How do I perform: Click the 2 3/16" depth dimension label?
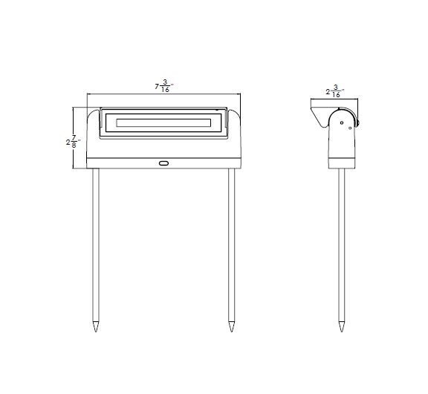click(x=334, y=92)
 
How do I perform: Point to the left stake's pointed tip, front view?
click(x=96, y=327)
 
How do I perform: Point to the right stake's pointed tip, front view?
click(x=232, y=327)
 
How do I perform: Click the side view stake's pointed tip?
click(x=341, y=327)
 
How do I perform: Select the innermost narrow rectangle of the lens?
click(x=162, y=122)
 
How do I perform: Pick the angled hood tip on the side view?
click(x=314, y=112)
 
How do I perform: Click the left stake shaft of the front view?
click(x=96, y=245)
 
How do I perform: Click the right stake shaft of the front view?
click(x=232, y=245)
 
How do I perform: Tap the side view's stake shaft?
click(x=341, y=245)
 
